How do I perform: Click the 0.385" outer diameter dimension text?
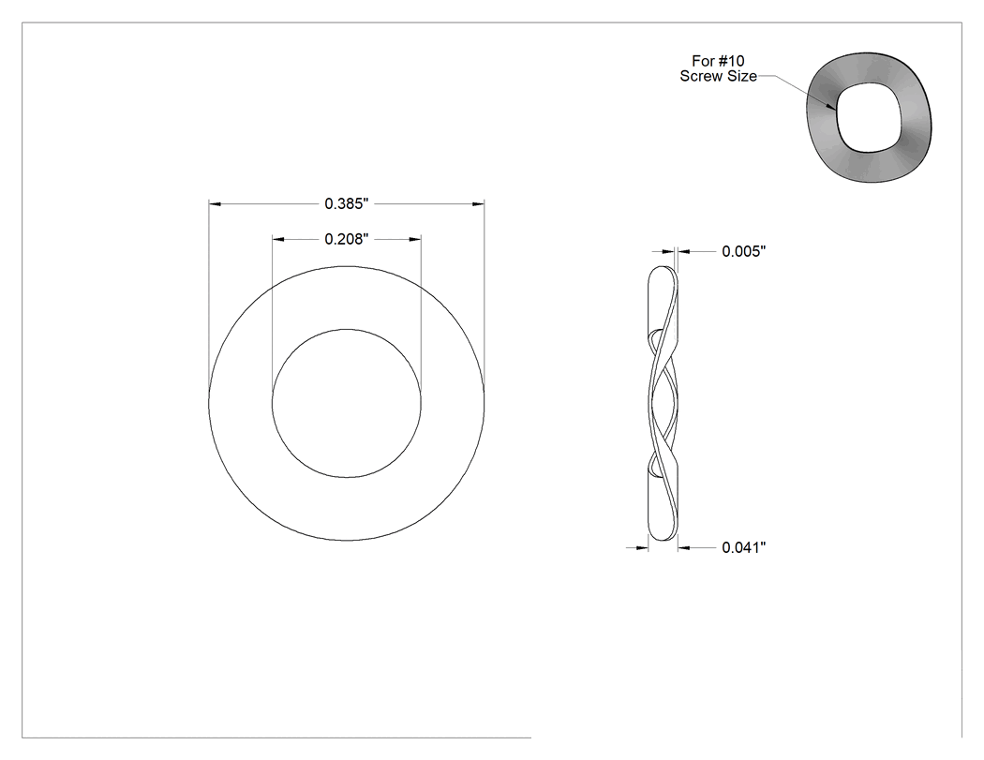click(346, 204)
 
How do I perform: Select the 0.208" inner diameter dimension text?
click(346, 239)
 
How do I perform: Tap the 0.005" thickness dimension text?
click(744, 252)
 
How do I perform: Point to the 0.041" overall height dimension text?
click(744, 548)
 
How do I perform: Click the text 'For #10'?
click(718, 61)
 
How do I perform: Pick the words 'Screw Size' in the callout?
click(718, 77)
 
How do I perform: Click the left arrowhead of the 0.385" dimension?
click(216, 204)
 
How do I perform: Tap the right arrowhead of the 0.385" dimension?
click(478, 204)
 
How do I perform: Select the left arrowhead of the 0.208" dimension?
click(278, 239)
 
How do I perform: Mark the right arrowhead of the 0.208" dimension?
click(415, 239)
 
